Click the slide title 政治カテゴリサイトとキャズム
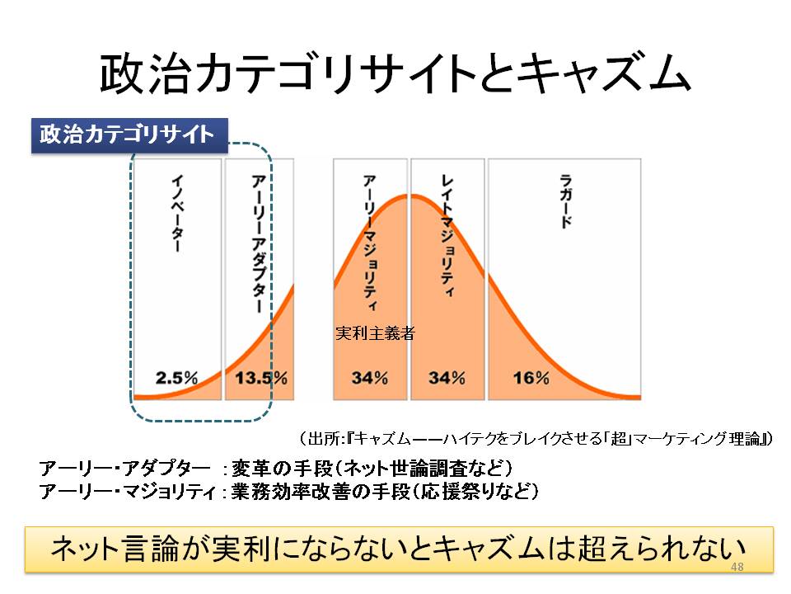tap(395, 74)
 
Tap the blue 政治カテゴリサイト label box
tap(129, 134)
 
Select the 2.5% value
tap(177, 378)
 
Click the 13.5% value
tap(261, 378)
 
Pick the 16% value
tap(531, 378)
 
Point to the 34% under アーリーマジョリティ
tap(370, 378)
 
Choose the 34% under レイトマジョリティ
tap(447, 378)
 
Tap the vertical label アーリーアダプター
tap(258, 243)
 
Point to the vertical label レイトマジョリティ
tap(447, 235)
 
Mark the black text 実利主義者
tap(375, 334)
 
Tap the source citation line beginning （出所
tap(535, 437)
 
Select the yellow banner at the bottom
tap(399, 549)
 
